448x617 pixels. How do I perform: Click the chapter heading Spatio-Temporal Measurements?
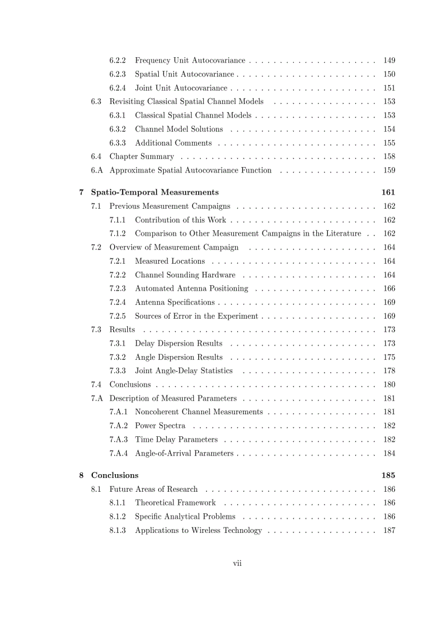(x=155, y=192)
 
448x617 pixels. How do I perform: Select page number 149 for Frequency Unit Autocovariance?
(x=389, y=60)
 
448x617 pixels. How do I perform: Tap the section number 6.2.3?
(x=117, y=74)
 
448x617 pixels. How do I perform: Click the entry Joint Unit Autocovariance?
(x=181, y=88)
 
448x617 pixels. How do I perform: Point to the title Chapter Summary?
(x=142, y=157)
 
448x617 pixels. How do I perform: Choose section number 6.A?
(x=97, y=170)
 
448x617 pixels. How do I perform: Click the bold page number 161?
(x=388, y=192)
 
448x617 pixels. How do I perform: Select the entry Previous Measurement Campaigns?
(x=170, y=206)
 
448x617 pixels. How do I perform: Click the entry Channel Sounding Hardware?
(x=185, y=275)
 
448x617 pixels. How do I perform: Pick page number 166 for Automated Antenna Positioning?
(x=389, y=288)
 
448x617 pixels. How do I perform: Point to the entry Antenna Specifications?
(x=175, y=302)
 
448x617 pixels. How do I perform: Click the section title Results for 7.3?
(x=122, y=330)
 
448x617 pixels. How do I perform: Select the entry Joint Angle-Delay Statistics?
(x=184, y=371)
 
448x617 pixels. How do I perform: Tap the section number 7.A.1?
(x=119, y=412)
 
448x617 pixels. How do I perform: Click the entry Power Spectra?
(x=160, y=425)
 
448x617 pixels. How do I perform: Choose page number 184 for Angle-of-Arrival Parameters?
(x=389, y=453)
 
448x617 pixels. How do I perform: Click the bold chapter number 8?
(x=81, y=475)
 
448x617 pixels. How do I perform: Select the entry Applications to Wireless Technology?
(x=198, y=530)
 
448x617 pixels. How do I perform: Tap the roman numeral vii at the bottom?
(x=237, y=563)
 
